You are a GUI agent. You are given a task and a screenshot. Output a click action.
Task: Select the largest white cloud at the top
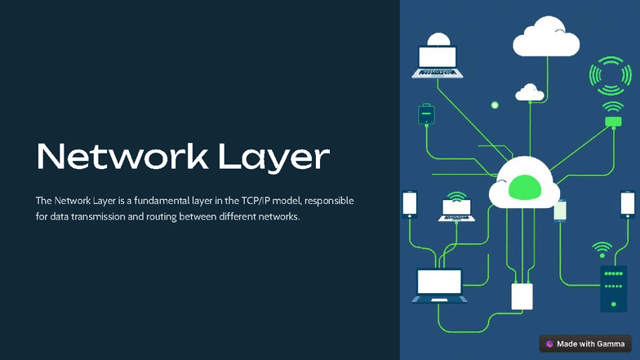[x=545, y=38]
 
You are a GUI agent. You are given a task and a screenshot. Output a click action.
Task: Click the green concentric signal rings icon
[x=609, y=76]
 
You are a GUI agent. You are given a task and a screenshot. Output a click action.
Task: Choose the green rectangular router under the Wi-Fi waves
[x=613, y=122]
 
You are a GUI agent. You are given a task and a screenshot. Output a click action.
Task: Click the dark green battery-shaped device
[x=425, y=113]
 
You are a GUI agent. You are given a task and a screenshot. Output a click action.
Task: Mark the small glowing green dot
[x=494, y=105]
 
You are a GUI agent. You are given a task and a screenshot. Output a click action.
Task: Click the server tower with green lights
[x=613, y=288]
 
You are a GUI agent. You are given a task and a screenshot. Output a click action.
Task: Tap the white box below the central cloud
[x=522, y=296]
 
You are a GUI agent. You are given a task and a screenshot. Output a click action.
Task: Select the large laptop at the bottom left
[x=439, y=285]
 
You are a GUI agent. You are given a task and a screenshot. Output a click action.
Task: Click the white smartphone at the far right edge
[x=627, y=203]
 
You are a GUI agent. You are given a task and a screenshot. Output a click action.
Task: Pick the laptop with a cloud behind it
[x=438, y=60]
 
